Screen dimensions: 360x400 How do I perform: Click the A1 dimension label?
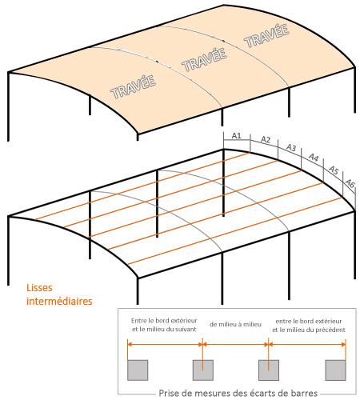[x=236, y=136]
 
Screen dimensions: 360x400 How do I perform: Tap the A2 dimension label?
[x=266, y=139]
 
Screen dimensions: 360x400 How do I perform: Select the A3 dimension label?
[x=291, y=147]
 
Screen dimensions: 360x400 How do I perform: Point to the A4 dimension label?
[x=314, y=158]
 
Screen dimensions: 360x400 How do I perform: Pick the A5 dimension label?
[x=334, y=170]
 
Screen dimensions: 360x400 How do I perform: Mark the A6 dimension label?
[x=350, y=183]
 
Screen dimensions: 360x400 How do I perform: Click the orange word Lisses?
[x=39, y=288]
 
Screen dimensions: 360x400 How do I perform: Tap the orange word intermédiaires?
[x=59, y=301]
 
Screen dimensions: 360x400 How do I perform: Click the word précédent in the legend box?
[x=330, y=330]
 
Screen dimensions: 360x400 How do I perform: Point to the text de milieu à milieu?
[x=235, y=325]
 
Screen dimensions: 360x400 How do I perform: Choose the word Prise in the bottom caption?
[x=167, y=393]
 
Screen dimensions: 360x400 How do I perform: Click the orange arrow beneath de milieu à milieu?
[x=235, y=344]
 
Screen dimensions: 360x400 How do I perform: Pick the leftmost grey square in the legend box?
[x=138, y=370]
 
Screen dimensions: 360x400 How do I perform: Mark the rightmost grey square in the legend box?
[x=335, y=370]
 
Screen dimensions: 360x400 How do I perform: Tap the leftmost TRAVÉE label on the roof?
[x=133, y=87]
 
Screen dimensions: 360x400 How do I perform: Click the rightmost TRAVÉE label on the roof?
[x=266, y=36]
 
